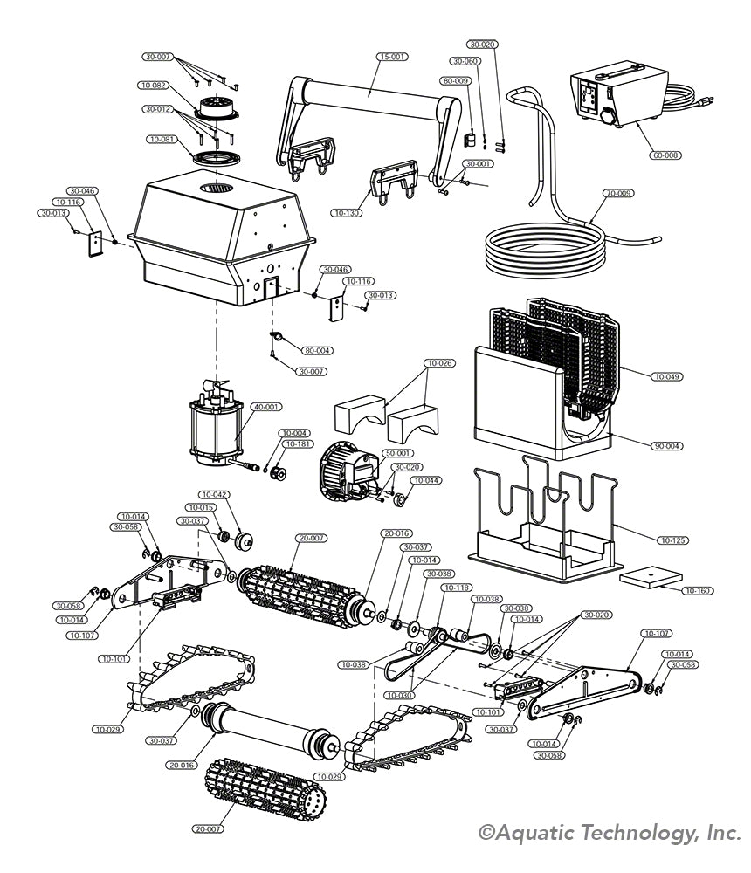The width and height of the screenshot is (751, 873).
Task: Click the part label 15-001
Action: click(392, 57)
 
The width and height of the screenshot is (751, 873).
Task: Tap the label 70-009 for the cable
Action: click(618, 192)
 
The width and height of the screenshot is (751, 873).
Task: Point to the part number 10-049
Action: click(666, 376)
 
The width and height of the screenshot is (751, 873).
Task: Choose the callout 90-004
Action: click(666, 447)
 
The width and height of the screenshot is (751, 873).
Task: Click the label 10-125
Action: click(673, 541)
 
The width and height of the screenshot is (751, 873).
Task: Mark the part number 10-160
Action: click(698, 591)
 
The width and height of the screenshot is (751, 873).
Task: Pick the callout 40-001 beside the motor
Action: click(267, 407)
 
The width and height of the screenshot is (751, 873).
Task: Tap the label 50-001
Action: click(398, 454)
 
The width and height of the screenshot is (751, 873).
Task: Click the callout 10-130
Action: click(346, 213)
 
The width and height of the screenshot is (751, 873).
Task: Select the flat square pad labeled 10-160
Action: click(651, 577)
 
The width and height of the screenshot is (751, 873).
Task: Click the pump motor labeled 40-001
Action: click(214, 428)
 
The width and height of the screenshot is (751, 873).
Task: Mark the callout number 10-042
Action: click(214, 494)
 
